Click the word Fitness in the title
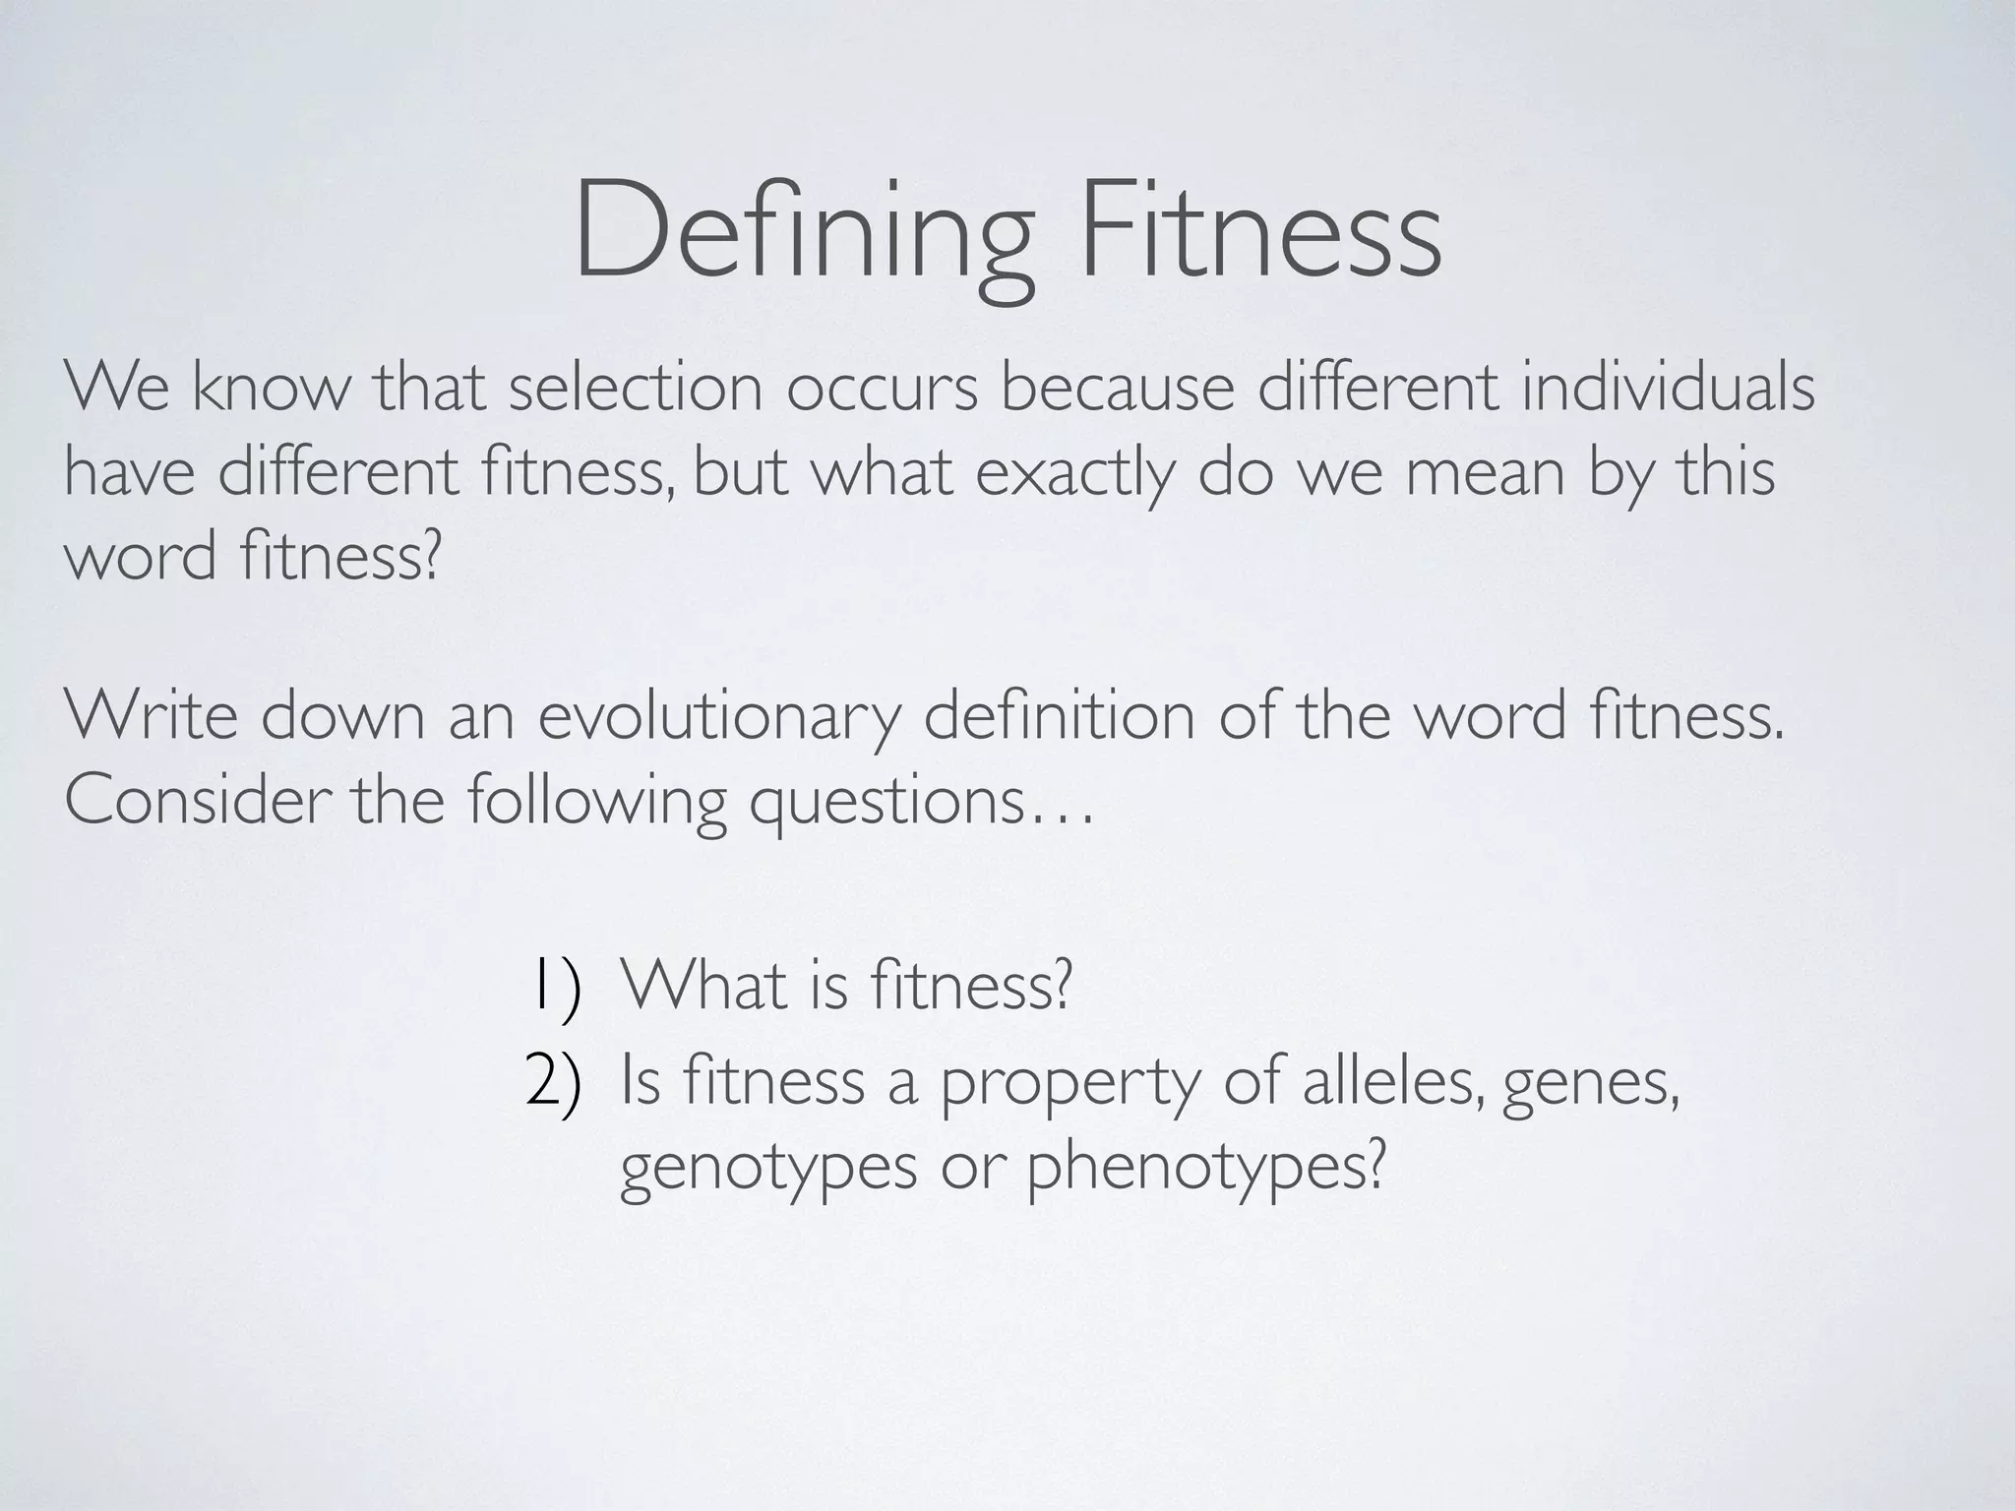click(1259, 232)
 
